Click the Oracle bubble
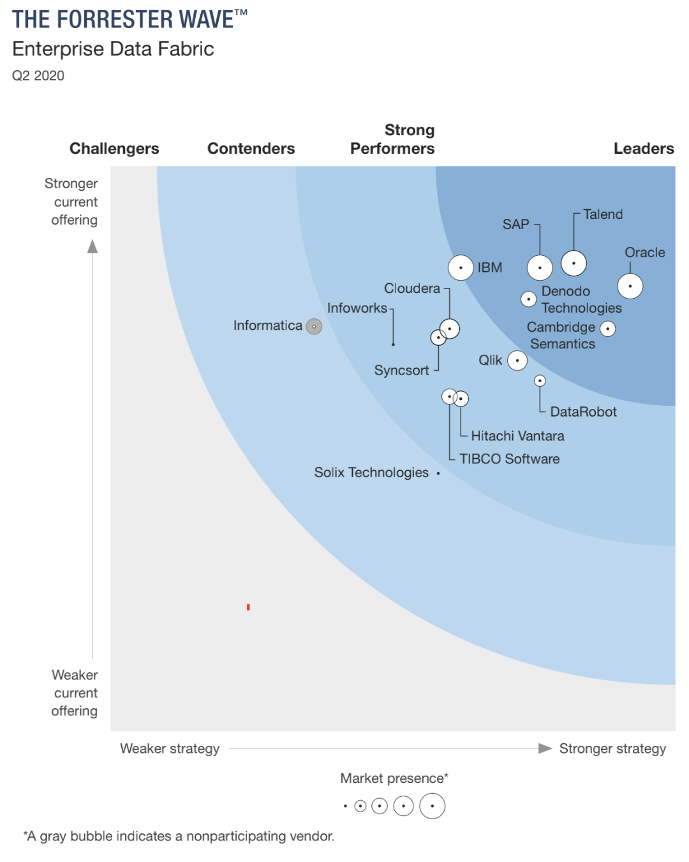click(630, 286)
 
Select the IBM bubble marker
click(461, 267)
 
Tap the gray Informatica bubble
click(314, 327)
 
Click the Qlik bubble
click(517, 360)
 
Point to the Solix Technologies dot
click(438, 473)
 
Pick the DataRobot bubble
click(540, 381)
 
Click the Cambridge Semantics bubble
click(608, 329)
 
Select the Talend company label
click(603, 214)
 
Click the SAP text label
click(515, 225)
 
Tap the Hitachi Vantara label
click(517, 436)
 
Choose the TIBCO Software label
click(509, 459)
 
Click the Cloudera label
click(412, 288)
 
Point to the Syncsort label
click(401, 370)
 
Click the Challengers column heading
click(114, 148)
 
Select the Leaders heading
click(643, 148)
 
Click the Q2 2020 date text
click(38, 75)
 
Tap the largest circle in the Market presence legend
click(432, 806)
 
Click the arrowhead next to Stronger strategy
click(545, 748)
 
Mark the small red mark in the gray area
click(248, 607)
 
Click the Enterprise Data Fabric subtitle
click(113, 48)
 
